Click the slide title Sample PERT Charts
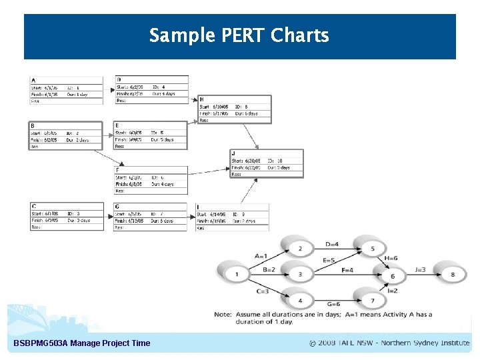(x=239, y=35)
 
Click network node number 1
(x=237, y=273)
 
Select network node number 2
(x=301, y=249)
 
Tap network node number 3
(x=301, y=274)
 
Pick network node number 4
(x=301, y=301)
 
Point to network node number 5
(x=372, y=249)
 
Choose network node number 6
(x=392, y=276)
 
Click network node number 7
(x=372, y=301)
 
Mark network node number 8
(x=453, y=274)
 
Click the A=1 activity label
(x=261, y=256)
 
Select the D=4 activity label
(x=332, y=244)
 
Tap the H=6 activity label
(x=391, y=258)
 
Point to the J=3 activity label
(x=420, y=269)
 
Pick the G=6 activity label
(x=333, y=304)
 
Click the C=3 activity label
(x=263, y=291)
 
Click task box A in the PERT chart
(x=67, y=91)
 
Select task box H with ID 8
(x=235, y=109)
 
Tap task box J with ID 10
(x=267, y=163)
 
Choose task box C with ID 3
(x=67, y=217)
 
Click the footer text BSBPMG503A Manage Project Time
(x=82, y=343)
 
